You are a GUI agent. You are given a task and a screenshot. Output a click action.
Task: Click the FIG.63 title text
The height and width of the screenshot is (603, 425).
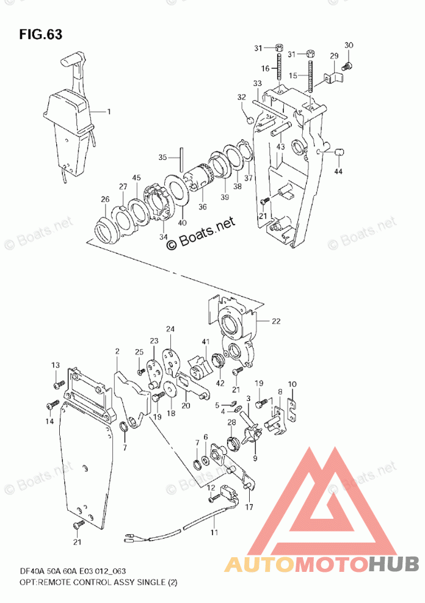(40, 34)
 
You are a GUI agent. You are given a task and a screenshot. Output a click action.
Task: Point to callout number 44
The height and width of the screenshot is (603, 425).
(338, 172)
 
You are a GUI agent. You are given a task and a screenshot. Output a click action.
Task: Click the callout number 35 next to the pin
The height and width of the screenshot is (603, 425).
(162, 157)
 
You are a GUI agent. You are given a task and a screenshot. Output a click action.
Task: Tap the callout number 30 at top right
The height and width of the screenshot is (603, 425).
(349, 45)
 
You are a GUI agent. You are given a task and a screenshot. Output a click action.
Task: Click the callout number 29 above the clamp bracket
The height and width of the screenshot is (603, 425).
(333, 56)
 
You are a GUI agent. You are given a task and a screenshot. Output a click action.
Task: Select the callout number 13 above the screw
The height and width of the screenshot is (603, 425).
(56, 365)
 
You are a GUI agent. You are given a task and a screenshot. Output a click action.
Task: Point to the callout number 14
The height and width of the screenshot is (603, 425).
(49, 421)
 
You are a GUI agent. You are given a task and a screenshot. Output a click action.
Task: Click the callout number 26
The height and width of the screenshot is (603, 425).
(105, 199)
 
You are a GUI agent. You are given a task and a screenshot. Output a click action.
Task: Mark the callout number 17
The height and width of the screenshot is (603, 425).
(249, 507)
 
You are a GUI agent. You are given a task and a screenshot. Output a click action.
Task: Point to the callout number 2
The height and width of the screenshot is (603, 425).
(116, 352)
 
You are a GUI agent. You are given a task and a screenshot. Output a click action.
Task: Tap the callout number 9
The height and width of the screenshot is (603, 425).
(255, 458)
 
